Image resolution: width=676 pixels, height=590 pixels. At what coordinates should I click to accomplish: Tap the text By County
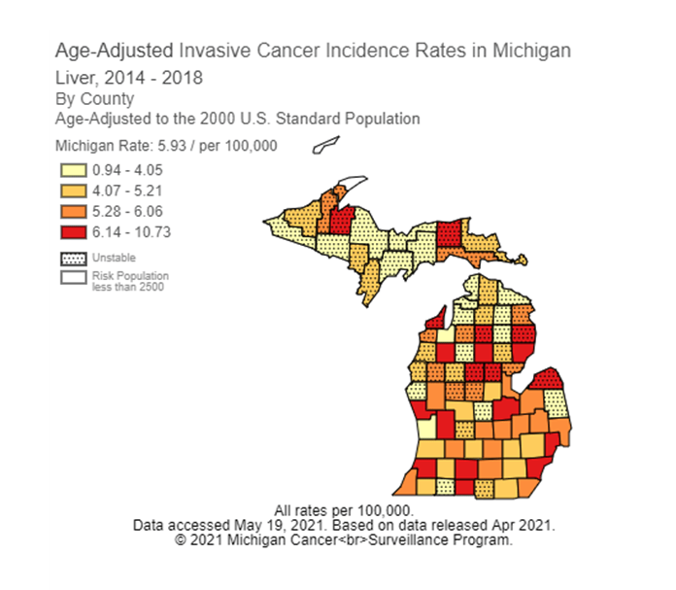point(94,99)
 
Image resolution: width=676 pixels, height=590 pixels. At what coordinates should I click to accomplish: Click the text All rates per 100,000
point(344,510)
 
